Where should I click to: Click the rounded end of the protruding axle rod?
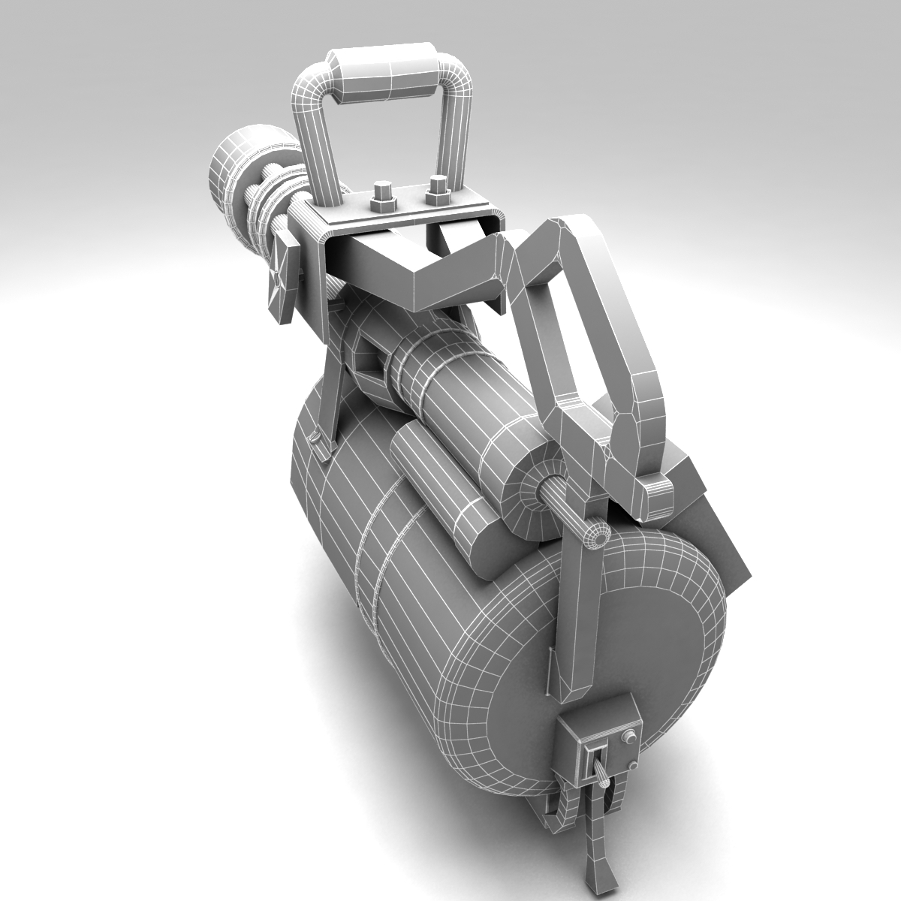click(597, 536)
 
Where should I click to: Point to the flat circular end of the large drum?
click(638, 646)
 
